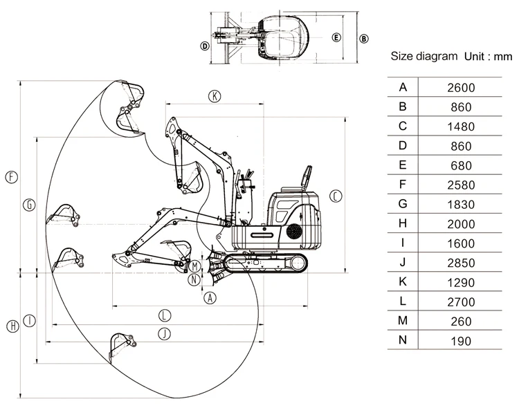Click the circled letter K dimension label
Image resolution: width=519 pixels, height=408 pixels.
coord(215,96)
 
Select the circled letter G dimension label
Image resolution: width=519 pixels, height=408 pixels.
coord(29,205)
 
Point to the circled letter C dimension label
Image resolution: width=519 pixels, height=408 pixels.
coord(335,196)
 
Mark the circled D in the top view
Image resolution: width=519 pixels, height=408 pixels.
coord(205,46)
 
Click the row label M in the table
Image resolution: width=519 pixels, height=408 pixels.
coord(403,321)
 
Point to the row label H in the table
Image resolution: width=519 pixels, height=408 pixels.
coord(403,223)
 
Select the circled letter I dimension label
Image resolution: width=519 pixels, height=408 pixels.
coord(29,321)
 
